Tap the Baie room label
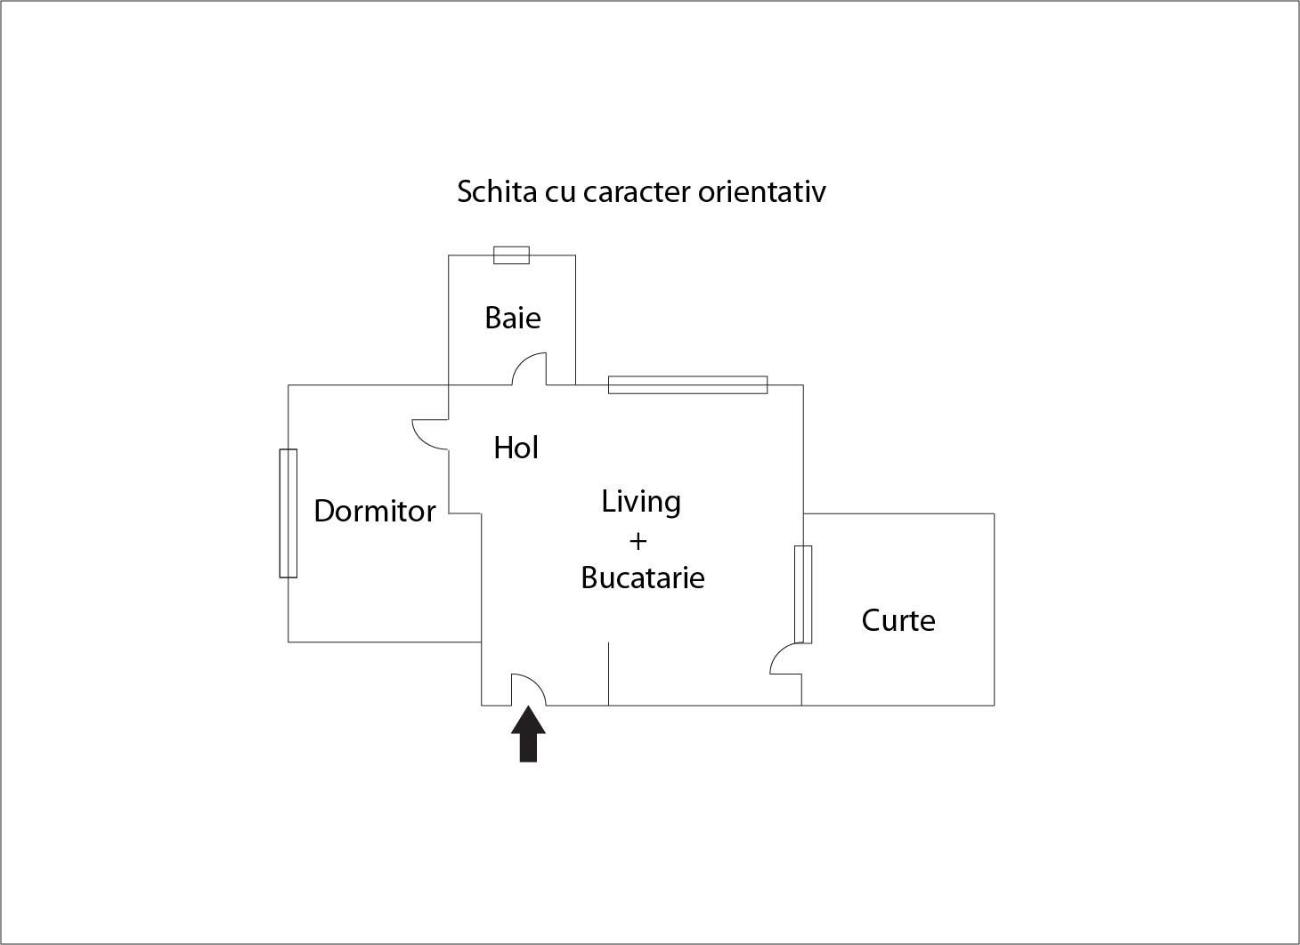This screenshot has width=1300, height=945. click(513, 318)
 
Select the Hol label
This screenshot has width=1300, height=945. click(516, 448)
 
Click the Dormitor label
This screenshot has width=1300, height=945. click(375, 511)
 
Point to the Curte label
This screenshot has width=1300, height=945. click(898, 619)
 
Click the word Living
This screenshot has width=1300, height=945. click(641, 502)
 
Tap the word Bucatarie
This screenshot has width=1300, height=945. click(643, 577)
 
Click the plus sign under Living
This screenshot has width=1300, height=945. click(638, 540)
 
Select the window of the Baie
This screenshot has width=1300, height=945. click(511, 255)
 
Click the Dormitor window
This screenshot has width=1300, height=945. click(288, 513)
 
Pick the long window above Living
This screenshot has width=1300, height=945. click(687, 384)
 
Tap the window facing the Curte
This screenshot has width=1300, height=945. click(803, 594)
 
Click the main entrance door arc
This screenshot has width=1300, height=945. click(529, 689)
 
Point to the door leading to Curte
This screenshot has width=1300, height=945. click(785, 659)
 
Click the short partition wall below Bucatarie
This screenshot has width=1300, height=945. click(609, 674)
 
